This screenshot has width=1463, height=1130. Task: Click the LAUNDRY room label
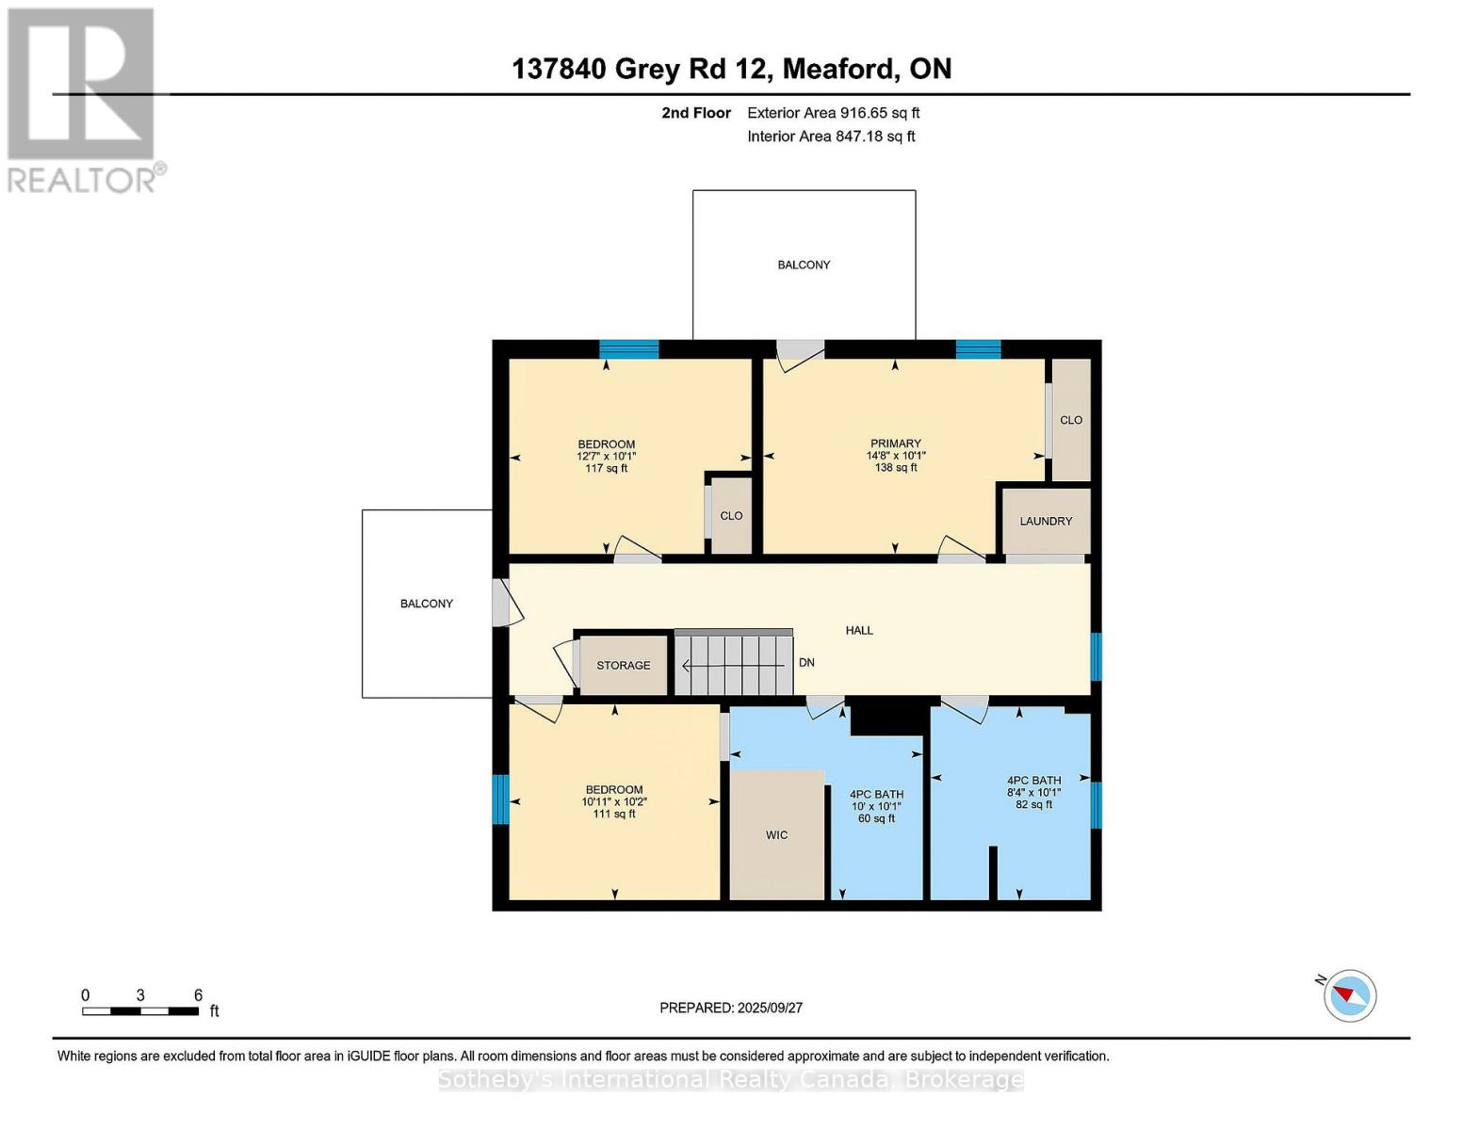1046,521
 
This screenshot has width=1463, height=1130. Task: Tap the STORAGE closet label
623,665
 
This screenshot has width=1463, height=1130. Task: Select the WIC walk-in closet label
776,835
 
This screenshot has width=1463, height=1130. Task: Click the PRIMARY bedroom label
895,444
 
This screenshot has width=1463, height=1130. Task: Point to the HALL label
858,630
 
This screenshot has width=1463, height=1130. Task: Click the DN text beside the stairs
806,662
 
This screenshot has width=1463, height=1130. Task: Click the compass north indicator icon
1349,994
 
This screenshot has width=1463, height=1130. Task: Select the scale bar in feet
140,1011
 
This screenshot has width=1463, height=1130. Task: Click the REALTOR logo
82,99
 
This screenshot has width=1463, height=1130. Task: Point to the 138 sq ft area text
895,468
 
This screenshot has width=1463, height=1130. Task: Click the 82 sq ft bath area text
1033,804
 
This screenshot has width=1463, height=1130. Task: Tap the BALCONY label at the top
804,265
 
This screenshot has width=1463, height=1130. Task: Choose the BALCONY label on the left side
426,604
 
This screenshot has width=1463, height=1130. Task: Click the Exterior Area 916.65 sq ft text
833,113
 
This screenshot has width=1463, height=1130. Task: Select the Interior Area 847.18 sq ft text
831,137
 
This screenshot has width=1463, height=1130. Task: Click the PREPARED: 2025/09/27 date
731,1008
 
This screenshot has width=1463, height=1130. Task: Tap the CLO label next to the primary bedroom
1071,420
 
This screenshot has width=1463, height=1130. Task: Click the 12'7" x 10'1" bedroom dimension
606,456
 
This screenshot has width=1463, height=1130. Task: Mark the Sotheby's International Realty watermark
731,1079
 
